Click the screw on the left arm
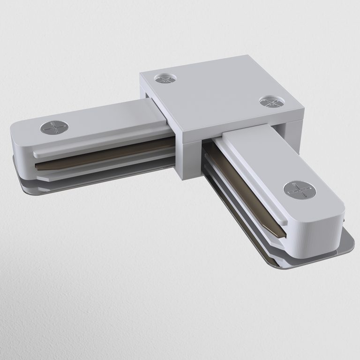54,127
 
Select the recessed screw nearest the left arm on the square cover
164,78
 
